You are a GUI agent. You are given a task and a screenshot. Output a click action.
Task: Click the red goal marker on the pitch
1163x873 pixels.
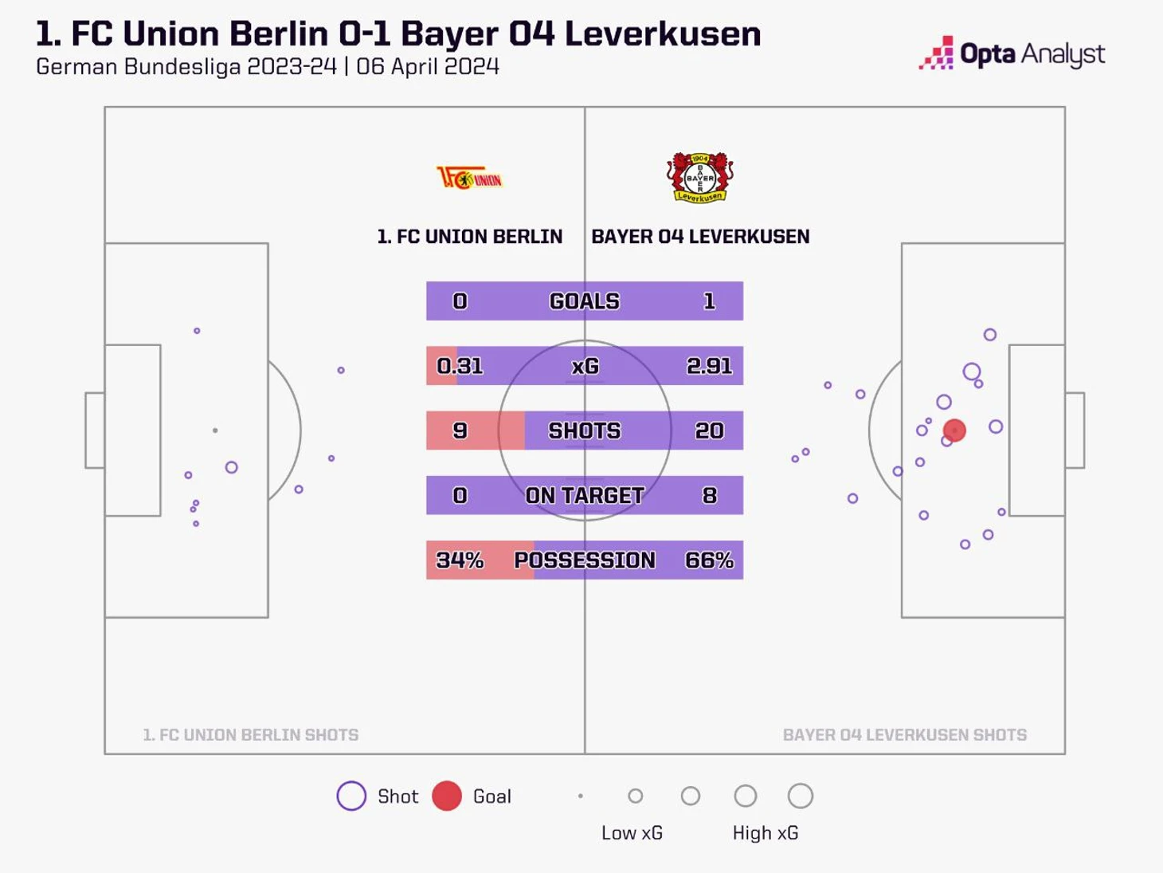[x=954, y=431]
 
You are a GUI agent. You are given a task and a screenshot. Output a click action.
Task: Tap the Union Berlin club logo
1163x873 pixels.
[x=469, y=177]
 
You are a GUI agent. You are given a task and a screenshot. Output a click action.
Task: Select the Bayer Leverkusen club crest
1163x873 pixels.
[x=699, y=177]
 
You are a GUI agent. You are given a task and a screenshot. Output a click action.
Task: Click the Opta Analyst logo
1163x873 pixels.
[x=1012, y=54]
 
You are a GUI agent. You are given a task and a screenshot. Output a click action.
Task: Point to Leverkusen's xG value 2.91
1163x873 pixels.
[x=709, y=366]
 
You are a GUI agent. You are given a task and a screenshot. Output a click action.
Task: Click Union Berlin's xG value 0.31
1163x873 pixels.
[x=460, y=366]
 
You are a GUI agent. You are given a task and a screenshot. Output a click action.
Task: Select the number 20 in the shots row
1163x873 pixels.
[x=709, y=431]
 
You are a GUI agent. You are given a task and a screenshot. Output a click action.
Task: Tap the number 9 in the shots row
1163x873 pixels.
[x=460, y=431]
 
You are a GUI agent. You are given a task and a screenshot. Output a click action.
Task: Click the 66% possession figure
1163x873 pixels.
[x=709, y=560]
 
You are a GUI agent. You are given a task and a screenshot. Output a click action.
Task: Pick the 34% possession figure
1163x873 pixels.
[x=460, y=560]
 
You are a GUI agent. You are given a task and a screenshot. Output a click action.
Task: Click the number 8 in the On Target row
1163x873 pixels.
[x=709, y=495]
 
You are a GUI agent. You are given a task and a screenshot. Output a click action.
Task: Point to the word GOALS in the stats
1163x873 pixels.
[x=584, y=301]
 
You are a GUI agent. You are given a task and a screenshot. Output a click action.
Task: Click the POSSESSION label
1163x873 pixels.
[x=584, y=560]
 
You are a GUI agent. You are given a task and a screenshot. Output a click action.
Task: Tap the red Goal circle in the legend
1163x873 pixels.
[x=447, y=796]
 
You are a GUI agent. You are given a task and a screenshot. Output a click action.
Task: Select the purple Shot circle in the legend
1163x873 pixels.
[x=351, y=796]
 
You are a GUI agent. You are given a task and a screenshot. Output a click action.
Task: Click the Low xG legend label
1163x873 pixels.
[x=632, y=833]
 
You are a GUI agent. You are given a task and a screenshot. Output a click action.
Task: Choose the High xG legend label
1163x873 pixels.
[x=766, y=833]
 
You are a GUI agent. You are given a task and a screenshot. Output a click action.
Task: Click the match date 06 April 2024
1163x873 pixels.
[x=428, y=67]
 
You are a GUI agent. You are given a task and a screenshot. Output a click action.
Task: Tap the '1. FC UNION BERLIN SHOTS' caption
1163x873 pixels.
[x=251, y=735]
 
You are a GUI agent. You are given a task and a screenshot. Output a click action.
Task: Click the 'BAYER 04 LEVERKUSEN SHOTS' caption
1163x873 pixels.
[x=905, y=735]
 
